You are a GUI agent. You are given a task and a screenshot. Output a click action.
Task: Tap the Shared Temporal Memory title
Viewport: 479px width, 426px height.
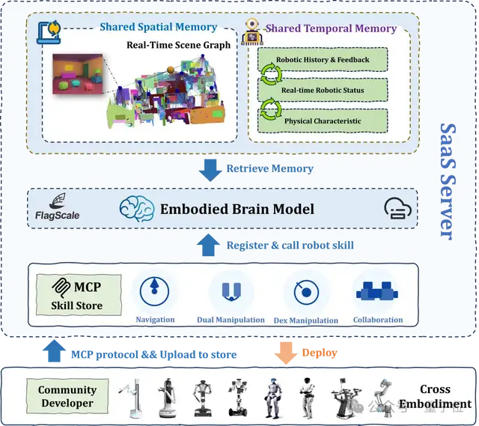point(331,28)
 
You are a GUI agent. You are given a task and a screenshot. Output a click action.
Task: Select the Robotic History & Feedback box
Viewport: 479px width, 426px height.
point(323,60)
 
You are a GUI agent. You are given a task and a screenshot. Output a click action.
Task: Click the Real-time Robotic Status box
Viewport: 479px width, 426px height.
point(323,90)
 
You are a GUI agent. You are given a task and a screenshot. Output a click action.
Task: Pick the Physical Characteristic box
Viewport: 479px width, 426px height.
point(323,121)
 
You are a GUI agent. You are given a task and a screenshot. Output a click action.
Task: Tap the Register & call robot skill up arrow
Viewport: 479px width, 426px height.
point(210,244)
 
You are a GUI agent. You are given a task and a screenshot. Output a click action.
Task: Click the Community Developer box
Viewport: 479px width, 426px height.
point(67,397)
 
